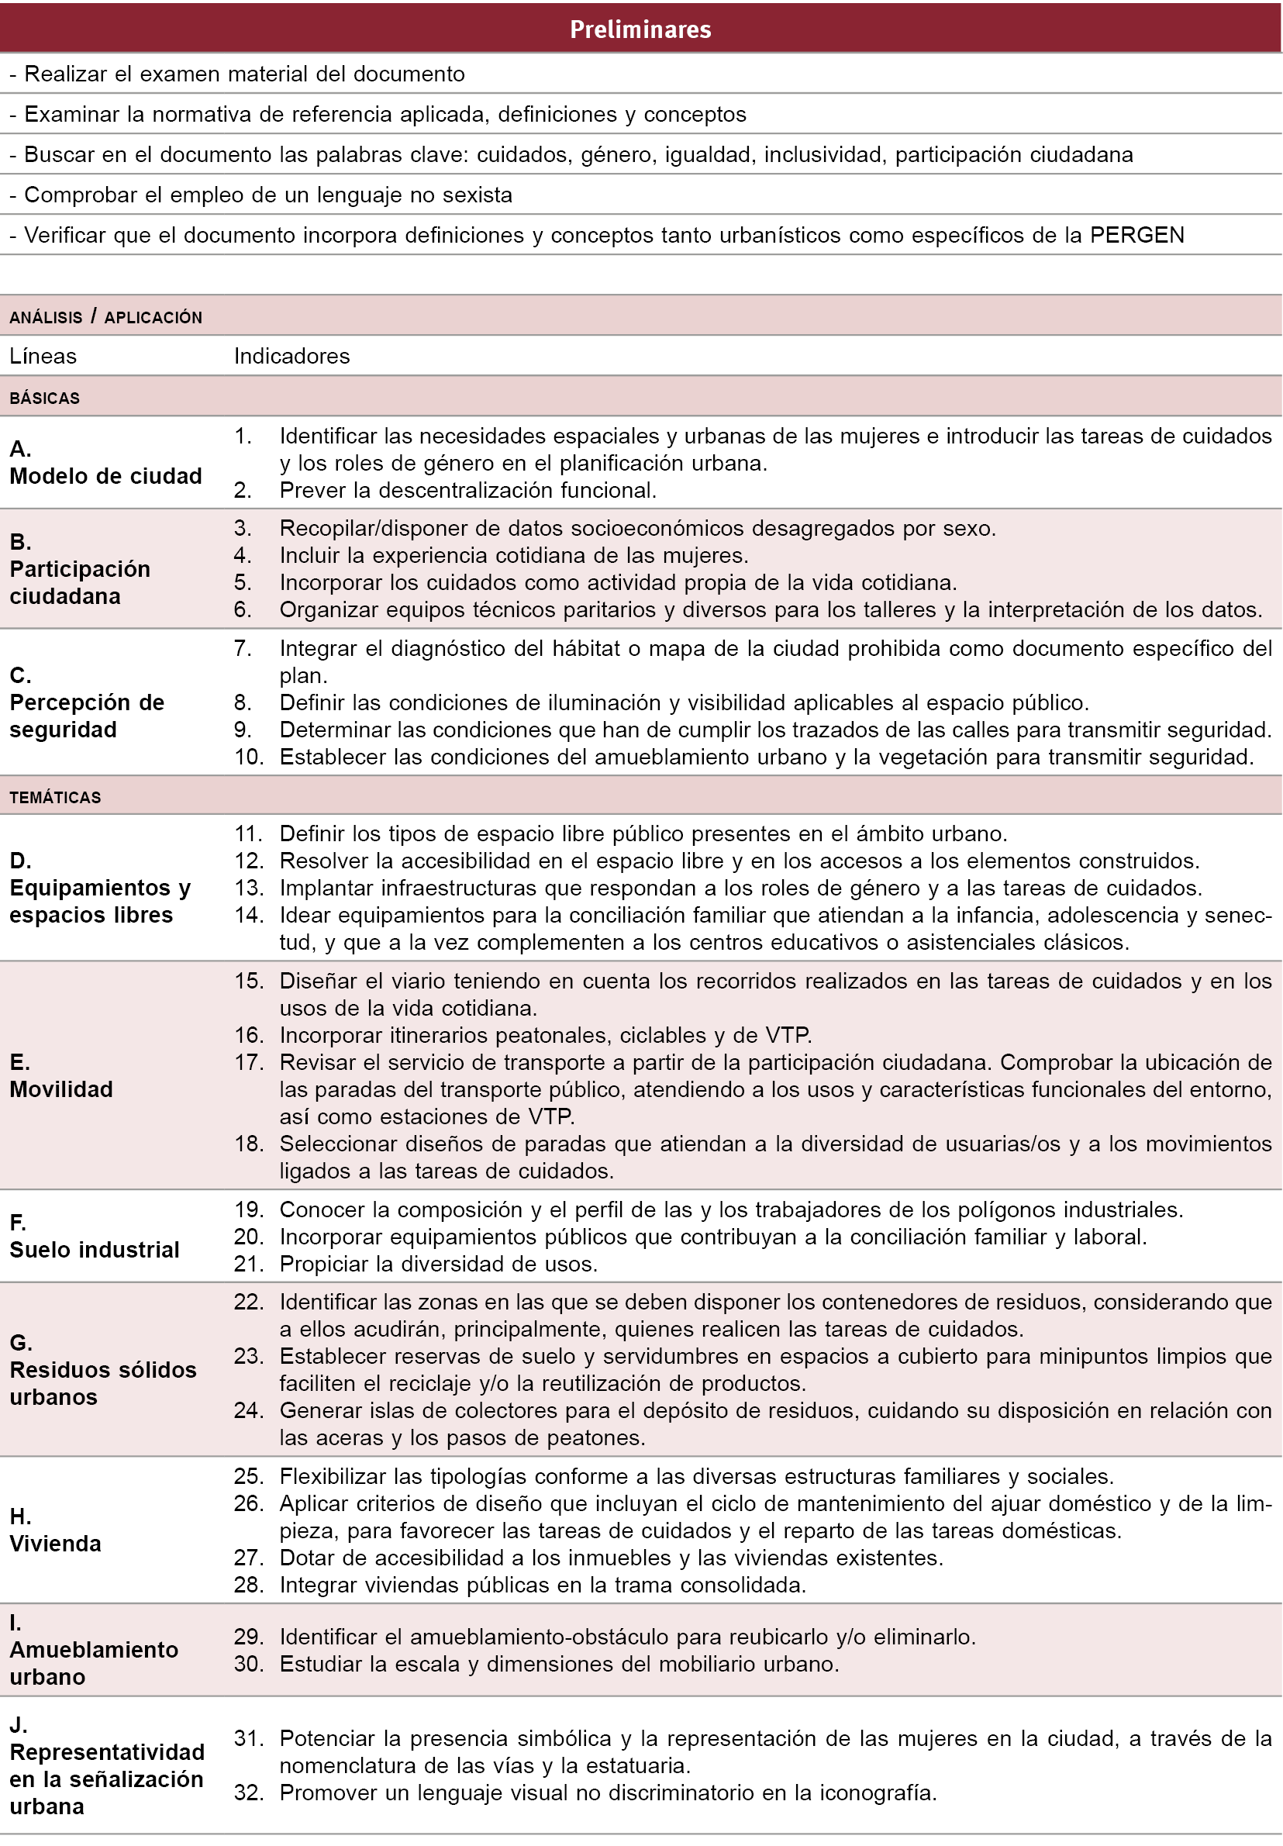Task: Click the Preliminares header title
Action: (x=640, y=29)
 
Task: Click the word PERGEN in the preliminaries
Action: (x=1136, y=235)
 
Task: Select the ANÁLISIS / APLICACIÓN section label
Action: (x=105, y=317)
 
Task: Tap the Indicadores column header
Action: (x=291, y=356)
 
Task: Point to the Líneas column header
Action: (x=43, y=356)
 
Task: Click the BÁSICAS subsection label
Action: (x=44, y=398)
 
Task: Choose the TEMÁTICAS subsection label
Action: (x=56, y=798)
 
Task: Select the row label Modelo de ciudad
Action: (x=105, y=476)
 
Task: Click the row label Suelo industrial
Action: (x=94, y=1250)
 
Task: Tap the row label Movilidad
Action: (x=61, y=1089)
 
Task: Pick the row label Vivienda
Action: (x=56, y=1544)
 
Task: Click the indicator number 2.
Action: (x=243, y=491)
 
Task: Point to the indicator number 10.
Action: (x=248, y=757)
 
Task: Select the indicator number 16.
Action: (x=248, y=1035)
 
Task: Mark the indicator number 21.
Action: (x=248, y=1264)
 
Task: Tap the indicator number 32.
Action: (x=248, y=1793)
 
